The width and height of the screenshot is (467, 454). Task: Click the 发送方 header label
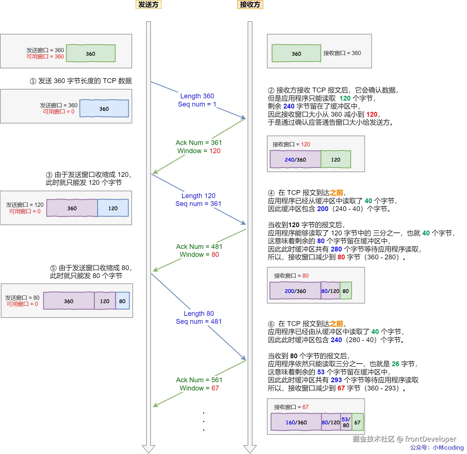148,5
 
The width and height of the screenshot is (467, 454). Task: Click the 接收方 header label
250,5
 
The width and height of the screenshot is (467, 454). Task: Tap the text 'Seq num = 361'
198,204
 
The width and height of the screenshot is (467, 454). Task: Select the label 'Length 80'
199,314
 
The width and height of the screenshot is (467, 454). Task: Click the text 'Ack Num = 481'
199,247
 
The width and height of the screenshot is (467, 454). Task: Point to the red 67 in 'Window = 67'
215,388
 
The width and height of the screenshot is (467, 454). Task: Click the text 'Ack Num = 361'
199,143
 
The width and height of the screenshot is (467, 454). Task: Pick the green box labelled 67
357,422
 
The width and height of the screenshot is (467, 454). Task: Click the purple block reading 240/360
295,160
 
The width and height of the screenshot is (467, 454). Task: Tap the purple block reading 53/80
346,422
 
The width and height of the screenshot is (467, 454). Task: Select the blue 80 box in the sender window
122,301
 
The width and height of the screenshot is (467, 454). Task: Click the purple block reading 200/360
295,291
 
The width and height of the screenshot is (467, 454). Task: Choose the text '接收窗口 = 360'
342,53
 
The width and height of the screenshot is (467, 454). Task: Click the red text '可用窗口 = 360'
45,57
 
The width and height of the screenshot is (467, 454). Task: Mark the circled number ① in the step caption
33,81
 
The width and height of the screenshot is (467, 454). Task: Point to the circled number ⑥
271,324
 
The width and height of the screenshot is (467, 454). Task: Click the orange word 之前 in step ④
336,193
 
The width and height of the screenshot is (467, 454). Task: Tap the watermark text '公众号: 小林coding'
437,448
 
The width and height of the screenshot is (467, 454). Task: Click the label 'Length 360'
197,96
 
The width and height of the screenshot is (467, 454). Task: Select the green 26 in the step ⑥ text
395,364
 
